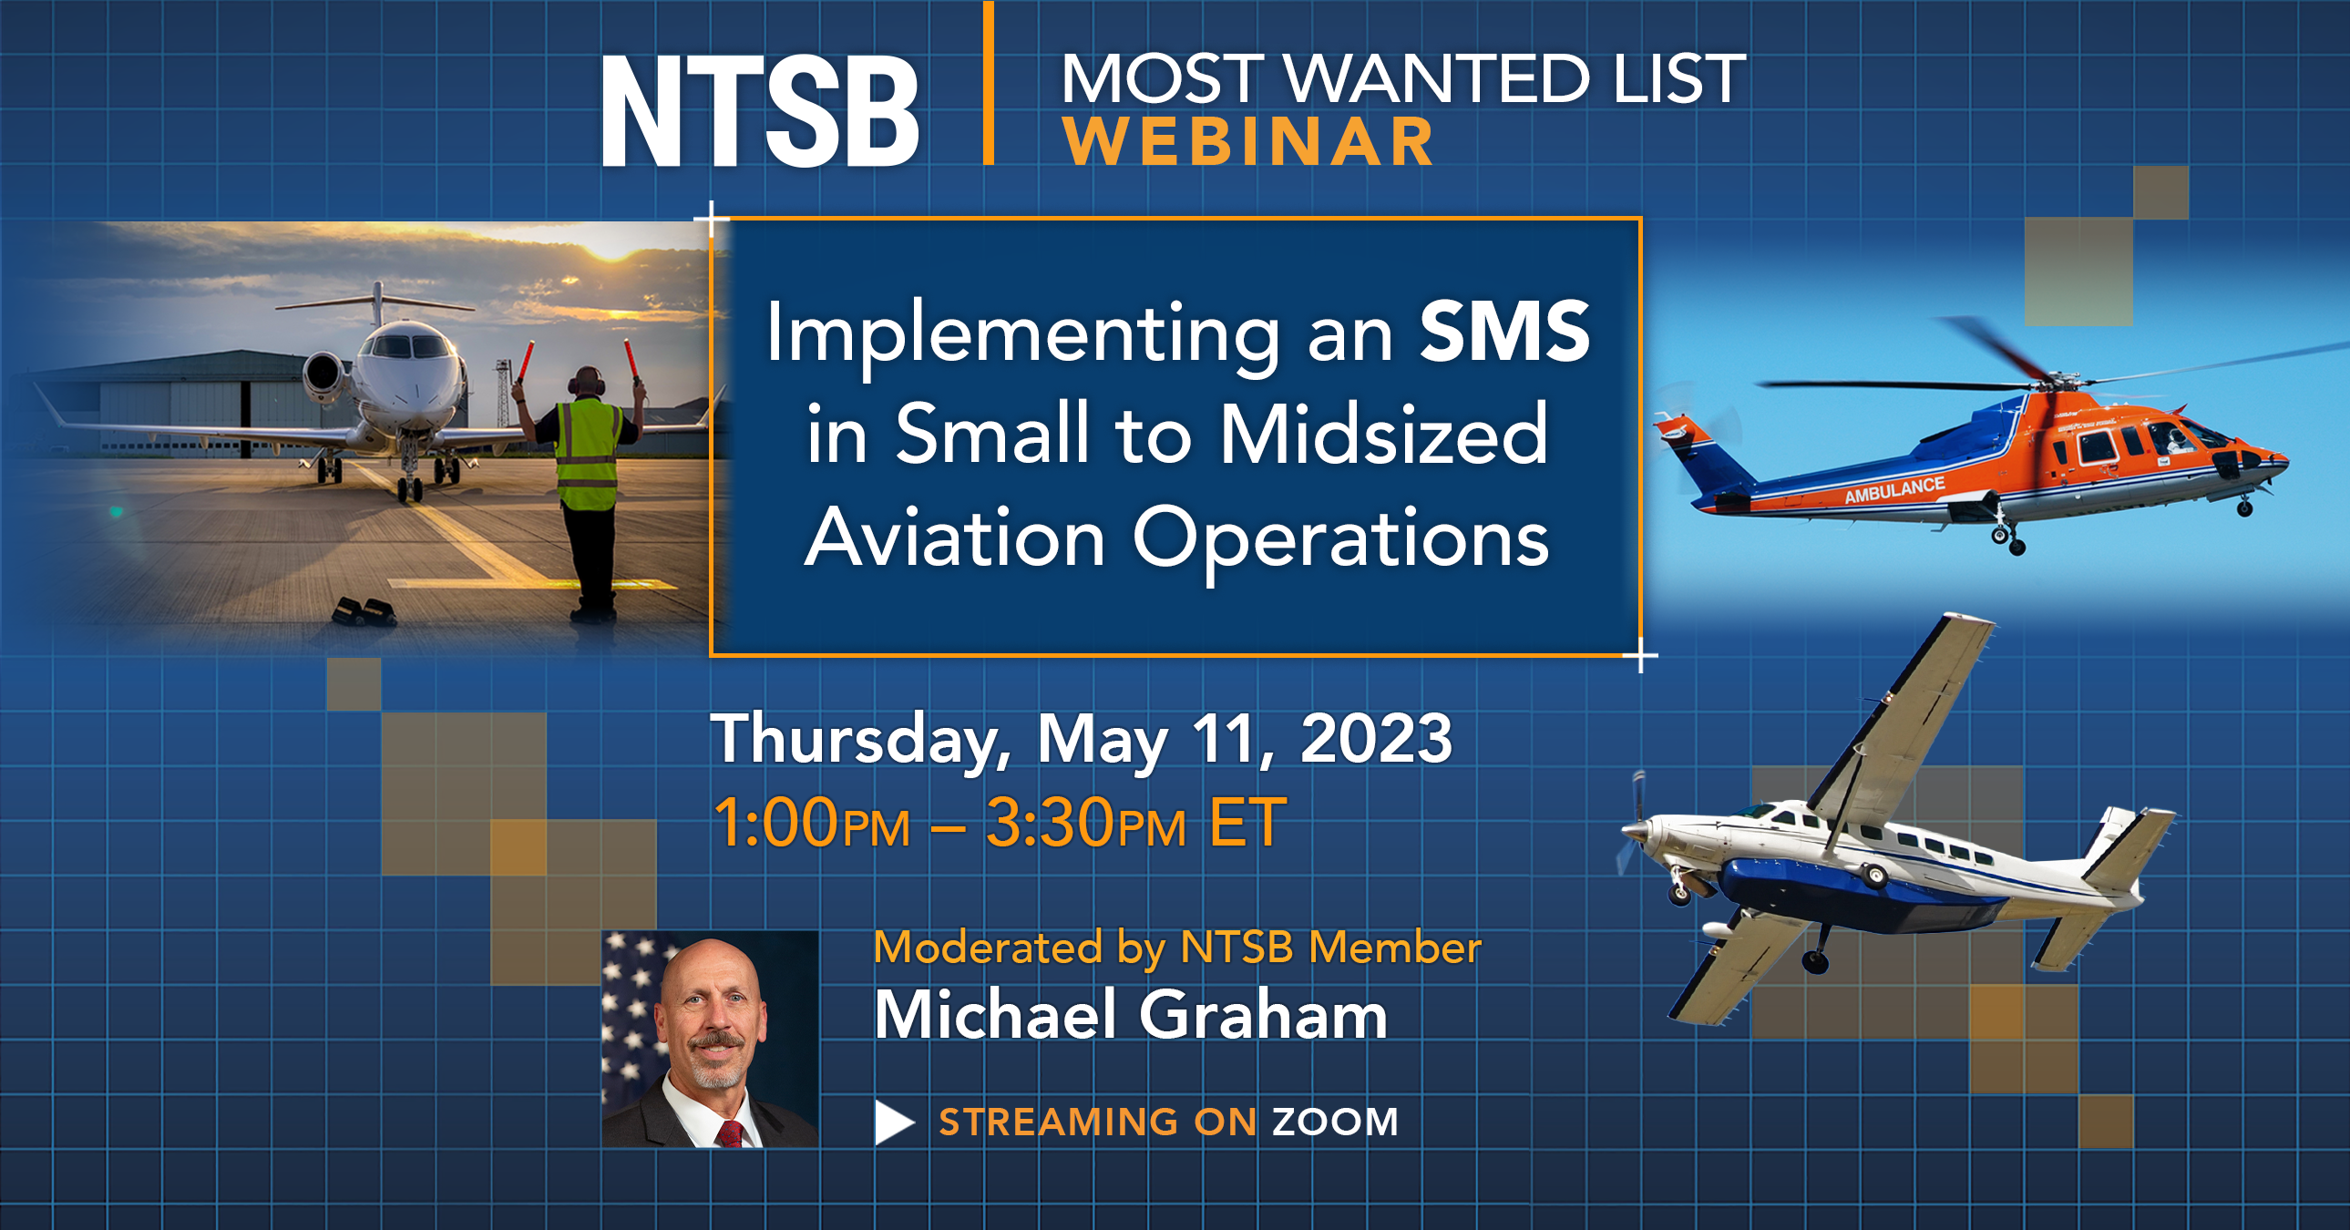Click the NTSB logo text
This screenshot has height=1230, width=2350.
[x=759, y=111]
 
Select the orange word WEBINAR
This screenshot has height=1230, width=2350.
[x=1248, y=143]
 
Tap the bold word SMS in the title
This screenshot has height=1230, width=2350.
[x=1504, y=333]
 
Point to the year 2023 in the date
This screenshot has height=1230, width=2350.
[x=1376, y=738]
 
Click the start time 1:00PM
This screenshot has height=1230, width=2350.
[x=811, y=823]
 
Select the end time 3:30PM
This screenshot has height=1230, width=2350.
[x=1085, y=823]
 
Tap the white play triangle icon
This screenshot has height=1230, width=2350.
[x=893, y=1122]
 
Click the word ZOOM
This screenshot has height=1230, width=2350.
[x=1336, y=1122]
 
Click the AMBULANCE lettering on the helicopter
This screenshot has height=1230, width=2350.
[x=1894, y=490]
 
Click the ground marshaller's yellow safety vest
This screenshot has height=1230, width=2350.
[x=589, y=454]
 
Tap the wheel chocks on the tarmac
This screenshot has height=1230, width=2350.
[x=363, y=611]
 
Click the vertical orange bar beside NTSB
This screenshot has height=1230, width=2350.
[x=988, y=84]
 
